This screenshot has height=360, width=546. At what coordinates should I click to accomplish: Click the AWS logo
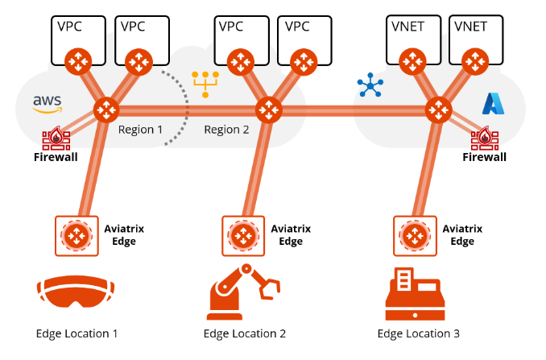[48, 103]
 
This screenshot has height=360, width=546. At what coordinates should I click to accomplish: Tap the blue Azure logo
[492, 103]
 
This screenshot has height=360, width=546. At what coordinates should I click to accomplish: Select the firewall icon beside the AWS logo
[56, 138]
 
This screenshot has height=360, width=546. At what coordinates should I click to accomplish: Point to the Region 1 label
[140, 129]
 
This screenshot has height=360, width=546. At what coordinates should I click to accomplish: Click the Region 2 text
[226, 129]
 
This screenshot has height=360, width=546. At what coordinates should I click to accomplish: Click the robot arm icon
[244, 291]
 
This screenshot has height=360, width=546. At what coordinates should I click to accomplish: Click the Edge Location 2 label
[244, 333]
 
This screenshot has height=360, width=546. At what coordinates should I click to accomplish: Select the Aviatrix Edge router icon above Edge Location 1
[77, 235]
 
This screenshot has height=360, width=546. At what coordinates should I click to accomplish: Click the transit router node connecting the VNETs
[439, 109]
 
